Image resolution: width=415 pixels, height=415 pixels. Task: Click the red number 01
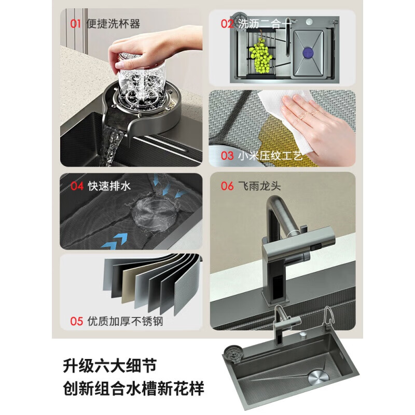(x=76, y=24)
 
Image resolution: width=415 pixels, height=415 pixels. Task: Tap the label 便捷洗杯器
(x=114, y=24)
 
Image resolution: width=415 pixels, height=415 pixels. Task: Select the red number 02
(x=227, y=24)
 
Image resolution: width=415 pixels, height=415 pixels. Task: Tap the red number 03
(x=227, y=155)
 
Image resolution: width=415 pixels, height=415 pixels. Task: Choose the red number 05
(x=76, y=321)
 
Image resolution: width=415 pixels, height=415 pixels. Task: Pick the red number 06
(x=227, y=186)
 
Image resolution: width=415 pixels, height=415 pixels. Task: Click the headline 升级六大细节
(x=109, y=366)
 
